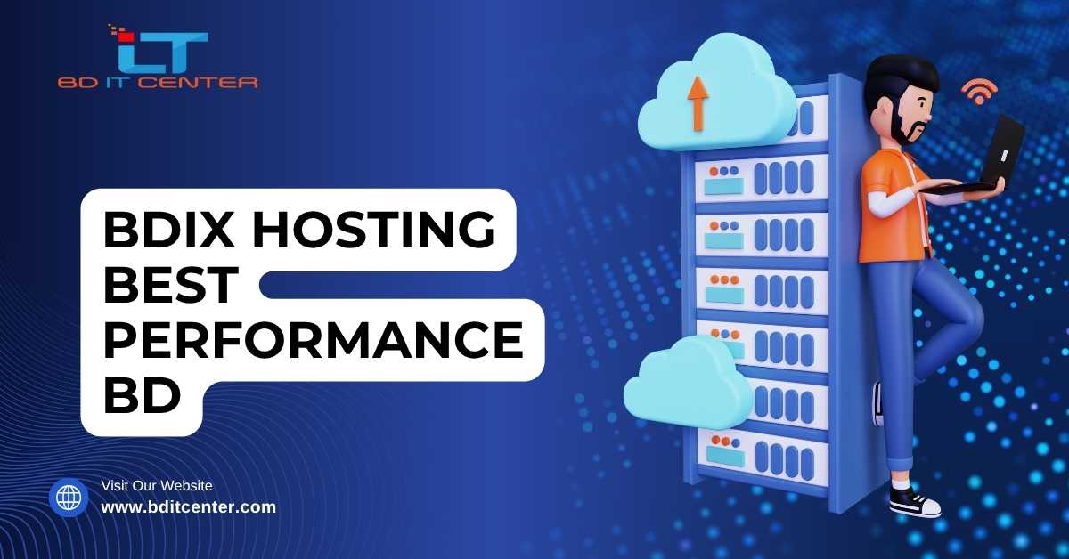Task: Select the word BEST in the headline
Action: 172,286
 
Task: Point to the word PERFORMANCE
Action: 313,341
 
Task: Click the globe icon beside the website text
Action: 69,498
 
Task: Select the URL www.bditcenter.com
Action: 188,507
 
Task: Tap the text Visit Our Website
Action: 157,485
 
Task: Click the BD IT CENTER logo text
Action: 158,83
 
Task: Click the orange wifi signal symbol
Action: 978,90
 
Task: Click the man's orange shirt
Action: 891,209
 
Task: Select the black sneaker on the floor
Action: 914,503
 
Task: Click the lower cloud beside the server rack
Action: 687,384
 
